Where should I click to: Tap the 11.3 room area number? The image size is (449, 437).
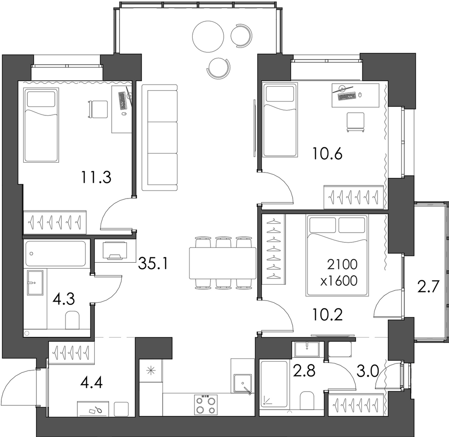pos(96,177)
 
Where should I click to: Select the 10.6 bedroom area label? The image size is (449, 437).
pos(327,154)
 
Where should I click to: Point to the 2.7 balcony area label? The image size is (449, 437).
pos(428,287)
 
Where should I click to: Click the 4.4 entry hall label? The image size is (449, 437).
pos(92,382)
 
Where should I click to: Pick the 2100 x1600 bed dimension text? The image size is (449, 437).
pos(339,273)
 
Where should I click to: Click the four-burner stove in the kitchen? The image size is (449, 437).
pos(206,405)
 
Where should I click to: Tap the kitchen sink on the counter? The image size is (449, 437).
pos(242,383)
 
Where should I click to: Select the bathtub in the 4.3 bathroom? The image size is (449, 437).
pos(56,254)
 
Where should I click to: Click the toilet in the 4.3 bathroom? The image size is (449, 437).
pos(72,320)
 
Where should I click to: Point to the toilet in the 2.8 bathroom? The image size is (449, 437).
pos(308,400)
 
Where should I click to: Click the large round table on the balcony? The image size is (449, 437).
pos(208,36)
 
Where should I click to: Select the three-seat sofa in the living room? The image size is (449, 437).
pos(160,138)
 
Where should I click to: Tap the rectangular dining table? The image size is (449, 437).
pos(223,263)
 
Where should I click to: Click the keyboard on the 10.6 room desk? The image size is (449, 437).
pos(347,96)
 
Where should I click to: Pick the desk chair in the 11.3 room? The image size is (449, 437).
pos(97,109)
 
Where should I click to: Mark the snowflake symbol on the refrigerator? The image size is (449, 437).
pos(150,371)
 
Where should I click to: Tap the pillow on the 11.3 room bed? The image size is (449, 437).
pos(41,99)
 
